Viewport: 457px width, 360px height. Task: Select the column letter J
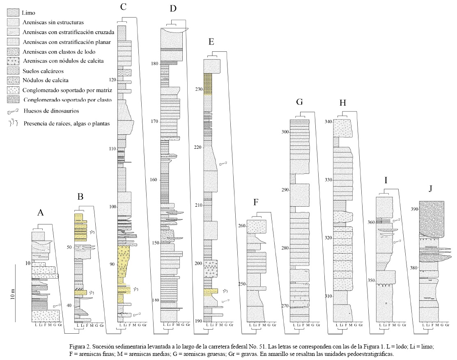point(430,189)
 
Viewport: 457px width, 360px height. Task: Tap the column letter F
point(256,202)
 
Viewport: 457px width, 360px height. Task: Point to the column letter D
point(173,9)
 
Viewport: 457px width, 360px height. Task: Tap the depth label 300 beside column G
point(285,132)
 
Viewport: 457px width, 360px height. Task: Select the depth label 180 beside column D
point(155,64)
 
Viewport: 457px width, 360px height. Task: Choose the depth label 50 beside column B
point(69,247)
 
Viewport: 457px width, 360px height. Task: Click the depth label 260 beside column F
point(242,226)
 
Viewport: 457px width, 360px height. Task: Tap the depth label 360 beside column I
point(371,222)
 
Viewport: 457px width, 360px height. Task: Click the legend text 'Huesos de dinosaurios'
point(51,111)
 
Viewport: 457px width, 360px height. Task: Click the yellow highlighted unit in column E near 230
point(208,84)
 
